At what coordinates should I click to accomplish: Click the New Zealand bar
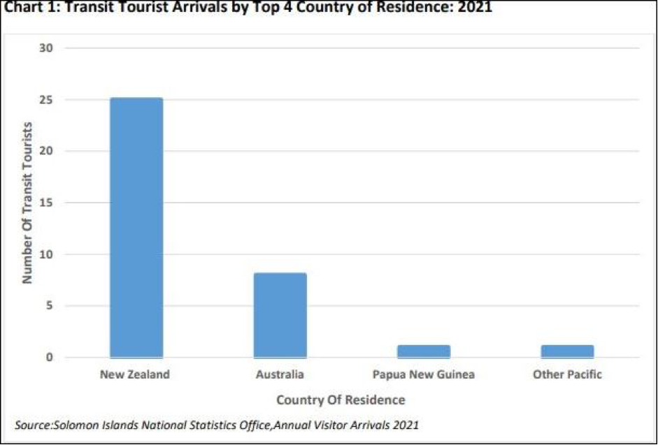(x=136, y=228)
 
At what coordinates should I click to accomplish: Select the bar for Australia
(x=280, y=315)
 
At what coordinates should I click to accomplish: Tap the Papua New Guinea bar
(x=424, y=351)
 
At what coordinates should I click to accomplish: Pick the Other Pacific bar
(x=567, y=351)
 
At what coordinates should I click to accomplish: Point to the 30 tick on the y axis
(x=48, y=48)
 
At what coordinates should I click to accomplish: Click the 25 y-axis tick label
(x=48, y=100)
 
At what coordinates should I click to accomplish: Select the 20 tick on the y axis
(x=48, y=152)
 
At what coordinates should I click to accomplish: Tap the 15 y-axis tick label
(x=48, y=203)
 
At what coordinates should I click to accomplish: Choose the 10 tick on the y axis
(x=48, y=254)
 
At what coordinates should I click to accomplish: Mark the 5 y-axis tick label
(x=50, y=306)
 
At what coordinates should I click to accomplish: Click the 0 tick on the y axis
(x=50, y=358)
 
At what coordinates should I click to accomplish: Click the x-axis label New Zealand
(x=135, y=374)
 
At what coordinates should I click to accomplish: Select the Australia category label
(x=280, y=374)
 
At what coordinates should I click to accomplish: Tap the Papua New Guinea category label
(x=424, y=374)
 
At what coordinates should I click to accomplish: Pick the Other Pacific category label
(x=567, y=374)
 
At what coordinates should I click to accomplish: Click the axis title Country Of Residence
(x=341, y=400)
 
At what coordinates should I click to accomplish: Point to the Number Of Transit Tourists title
(x=28, y=203)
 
